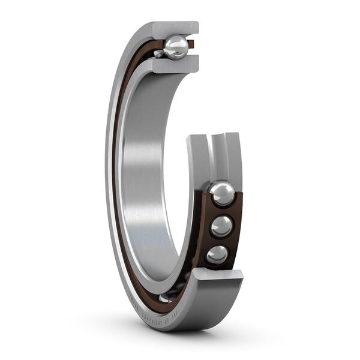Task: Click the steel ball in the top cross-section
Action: [176, 47]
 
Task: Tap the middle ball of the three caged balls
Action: [221, 226]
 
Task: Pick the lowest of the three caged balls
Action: [217, 254]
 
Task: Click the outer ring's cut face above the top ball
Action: [174, 28]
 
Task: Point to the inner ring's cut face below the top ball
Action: [175, 65]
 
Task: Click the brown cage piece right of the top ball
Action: [191, 44]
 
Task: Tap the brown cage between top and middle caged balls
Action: [223, 211]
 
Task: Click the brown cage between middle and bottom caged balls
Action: [220, 241]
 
